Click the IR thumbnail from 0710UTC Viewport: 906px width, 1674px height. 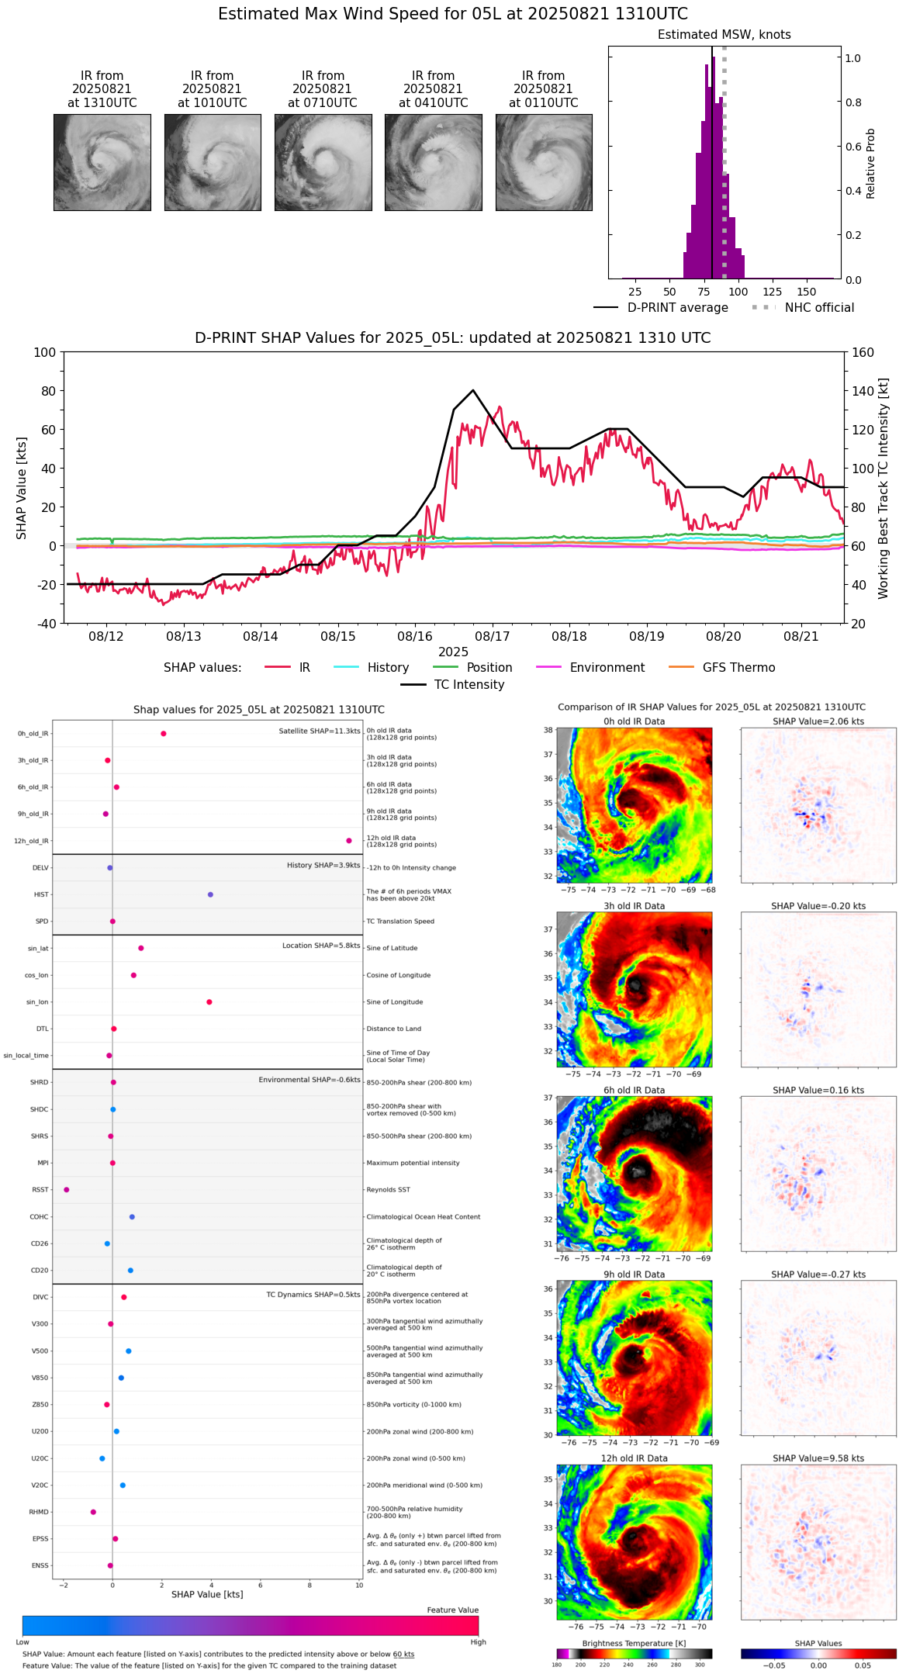point(323,162)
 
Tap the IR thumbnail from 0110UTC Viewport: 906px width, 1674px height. point(544,162)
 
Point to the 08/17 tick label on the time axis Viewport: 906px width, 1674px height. point(493,637)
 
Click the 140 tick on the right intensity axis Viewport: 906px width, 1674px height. point(863,391)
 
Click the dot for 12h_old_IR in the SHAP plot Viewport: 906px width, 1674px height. point(349,841)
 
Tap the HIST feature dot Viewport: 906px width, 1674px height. point(210,894)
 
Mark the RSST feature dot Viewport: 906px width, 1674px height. point(66,1190)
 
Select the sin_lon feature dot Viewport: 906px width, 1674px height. point(209,1002)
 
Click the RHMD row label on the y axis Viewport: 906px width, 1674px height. point(39,1512)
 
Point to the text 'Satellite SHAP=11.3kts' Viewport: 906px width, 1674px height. point(320,731)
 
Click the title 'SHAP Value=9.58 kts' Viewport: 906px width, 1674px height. point(818,1458)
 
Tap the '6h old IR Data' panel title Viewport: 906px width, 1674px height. point(634,1090)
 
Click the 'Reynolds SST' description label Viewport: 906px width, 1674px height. point(389,1190)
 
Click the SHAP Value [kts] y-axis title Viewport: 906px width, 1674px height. point(22,488)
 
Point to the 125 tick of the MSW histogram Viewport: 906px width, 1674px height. point(773,292)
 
